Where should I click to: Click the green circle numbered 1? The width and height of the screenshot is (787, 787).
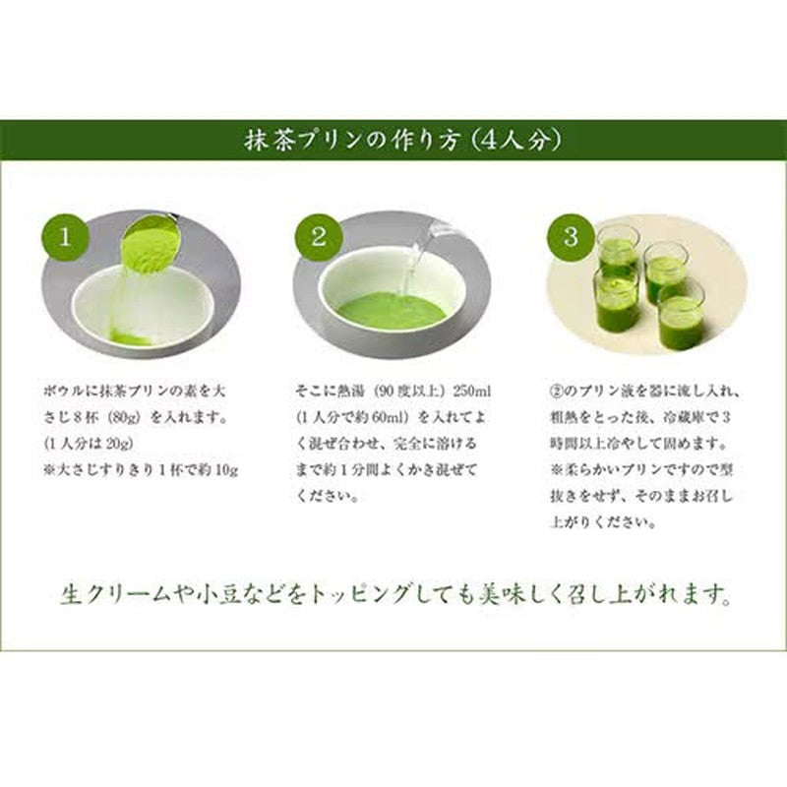tap(65, 236)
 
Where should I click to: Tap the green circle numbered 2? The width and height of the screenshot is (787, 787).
tap(319, 236)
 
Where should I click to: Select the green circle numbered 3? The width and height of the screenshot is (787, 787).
tap(572, 236)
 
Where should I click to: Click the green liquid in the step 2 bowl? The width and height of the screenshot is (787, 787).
tap(392, 312)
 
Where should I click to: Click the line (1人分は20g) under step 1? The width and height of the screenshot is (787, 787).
tap(89, 444)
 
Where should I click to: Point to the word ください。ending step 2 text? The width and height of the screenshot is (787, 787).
tap(328, 497)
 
